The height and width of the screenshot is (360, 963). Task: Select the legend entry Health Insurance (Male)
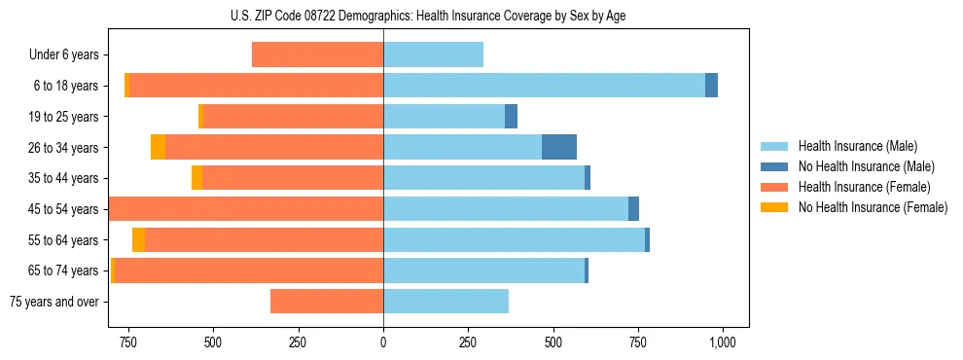click(852, 146)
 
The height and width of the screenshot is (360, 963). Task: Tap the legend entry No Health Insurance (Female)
click(865, 207)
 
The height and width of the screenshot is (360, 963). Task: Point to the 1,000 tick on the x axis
click(722, 342)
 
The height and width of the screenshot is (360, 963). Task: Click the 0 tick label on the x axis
click(383, 342)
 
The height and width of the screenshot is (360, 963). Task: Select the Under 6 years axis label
click(63, 55)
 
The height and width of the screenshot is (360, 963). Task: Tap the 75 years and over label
click(53, 302)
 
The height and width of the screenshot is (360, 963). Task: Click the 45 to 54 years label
click(64, 209)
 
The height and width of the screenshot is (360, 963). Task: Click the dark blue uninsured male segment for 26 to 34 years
click(559, 147)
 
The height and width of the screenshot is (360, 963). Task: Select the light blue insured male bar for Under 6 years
click(433, 55)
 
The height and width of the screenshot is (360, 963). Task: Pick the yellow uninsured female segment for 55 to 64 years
click(138, 239)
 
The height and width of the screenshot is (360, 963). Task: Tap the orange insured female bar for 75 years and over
click(327, 302)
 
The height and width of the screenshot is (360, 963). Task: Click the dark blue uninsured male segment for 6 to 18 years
click(711, 86)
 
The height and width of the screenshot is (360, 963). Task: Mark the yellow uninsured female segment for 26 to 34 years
click(158, 147)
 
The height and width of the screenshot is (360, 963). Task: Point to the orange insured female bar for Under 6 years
click(317, 55)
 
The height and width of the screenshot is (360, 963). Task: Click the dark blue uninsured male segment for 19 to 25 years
click(511, 117)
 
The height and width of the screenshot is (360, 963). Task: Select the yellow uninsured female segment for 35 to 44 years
click(196, 178)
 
